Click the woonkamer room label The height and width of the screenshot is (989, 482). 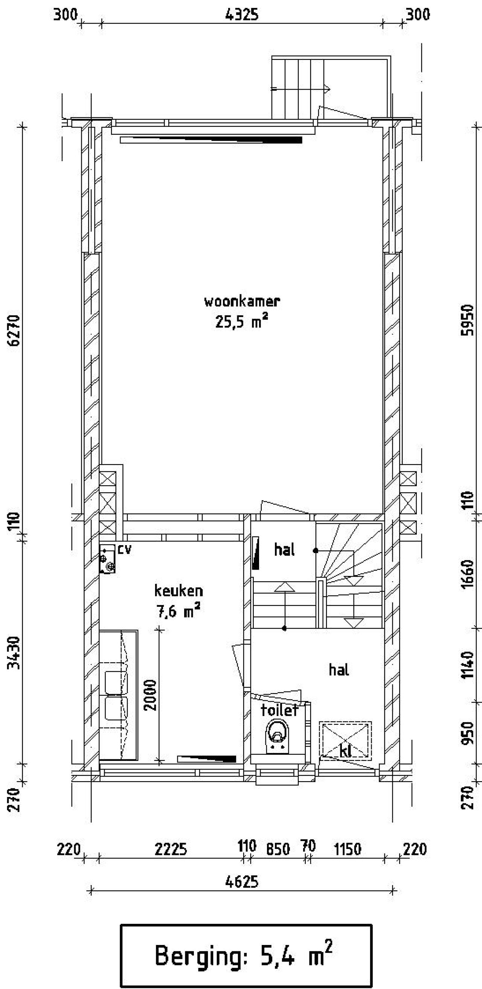pos(242,302)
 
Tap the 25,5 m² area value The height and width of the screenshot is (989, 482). pos(241,322)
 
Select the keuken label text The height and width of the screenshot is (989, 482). pos(178,590)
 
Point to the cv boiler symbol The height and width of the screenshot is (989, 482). pos(107,559)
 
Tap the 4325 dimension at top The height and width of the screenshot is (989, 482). pos(242,15)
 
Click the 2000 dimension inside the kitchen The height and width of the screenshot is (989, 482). pos(151,695)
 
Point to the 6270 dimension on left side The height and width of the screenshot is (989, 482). pos(15,330)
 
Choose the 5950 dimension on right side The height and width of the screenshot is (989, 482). pos(467,320)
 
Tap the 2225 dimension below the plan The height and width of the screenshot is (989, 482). pos(171,849)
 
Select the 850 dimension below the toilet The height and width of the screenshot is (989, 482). pos(278,849)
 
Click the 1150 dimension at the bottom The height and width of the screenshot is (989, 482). pos(348,849)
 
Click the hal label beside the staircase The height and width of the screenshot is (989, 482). pos(284,550)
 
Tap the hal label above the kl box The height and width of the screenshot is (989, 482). pos(339,670)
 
